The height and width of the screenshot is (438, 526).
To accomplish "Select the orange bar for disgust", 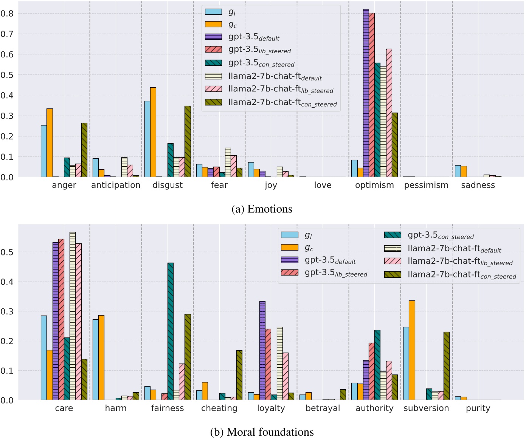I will (153, 132).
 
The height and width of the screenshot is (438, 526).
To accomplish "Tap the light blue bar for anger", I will (44, 151).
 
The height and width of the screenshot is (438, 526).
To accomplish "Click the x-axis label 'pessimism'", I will (426, 185).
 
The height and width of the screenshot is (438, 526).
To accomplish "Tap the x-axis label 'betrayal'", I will (323, 408).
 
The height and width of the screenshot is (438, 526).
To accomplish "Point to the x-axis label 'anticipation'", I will (116, 185).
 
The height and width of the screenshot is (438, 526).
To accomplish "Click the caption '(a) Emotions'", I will (262, 209).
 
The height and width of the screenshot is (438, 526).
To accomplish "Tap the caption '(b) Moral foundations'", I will (262, 432).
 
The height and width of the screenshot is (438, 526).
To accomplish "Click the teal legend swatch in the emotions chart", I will (213, 63).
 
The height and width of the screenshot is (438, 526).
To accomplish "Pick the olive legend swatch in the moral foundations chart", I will (393, 274).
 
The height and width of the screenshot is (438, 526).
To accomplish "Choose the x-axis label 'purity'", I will (478, 408).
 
